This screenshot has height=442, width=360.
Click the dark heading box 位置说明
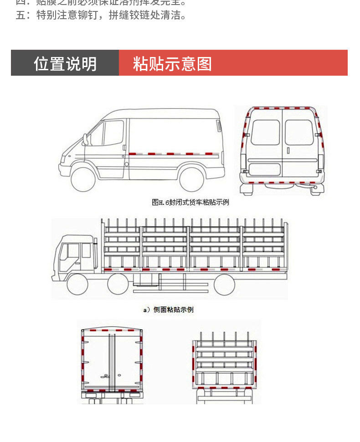click(65, 63)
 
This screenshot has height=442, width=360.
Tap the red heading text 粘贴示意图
click(172, 63)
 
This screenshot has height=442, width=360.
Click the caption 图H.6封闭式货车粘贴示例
click(190, 202)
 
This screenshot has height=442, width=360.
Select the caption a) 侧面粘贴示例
click(168, 310)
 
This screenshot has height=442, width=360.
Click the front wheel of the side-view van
click(83, 178)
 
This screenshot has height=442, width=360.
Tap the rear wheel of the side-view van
click(192, 178)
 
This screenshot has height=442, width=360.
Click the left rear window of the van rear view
click(265, 132)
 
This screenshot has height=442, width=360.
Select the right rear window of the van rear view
click(299, 132)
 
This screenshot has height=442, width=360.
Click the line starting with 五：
click(101, 16)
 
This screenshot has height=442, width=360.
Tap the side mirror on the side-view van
click(85, 139)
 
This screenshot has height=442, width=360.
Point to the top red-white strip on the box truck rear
click(112, 329)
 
